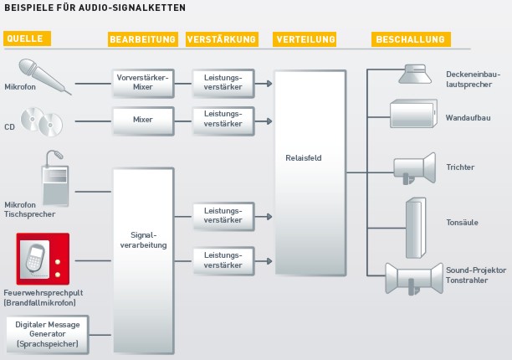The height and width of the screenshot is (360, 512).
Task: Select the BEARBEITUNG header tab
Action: (x=143, y=39)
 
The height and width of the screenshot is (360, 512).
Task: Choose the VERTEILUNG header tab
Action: (x=305, y=39)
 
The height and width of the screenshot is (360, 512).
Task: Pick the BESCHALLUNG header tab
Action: (x=410, y=39)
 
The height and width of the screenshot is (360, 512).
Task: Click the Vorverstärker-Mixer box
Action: (x=143, y=83)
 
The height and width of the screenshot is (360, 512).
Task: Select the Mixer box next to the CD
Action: (x=143, y=119)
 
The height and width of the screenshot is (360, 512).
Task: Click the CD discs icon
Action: (x=42, y=121)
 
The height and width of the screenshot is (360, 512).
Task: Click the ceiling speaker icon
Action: (x=414, y=74)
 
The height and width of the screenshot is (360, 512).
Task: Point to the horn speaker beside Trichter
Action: (x=416, y=167)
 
